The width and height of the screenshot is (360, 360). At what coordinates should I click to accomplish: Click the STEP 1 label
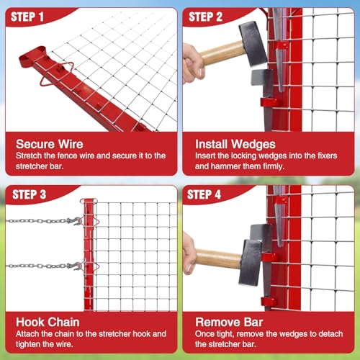coord(27,17)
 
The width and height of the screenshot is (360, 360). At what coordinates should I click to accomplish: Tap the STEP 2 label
coord(205,17)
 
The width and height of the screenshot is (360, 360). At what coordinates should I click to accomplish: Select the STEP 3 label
coord(29,194)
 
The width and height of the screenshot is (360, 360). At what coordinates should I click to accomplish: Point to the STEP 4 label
coord(204,194)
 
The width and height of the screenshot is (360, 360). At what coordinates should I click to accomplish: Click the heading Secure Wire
coord(50,144)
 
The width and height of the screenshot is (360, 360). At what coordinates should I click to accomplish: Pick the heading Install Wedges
coord(235,144)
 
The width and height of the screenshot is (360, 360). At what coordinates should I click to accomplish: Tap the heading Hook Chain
coord(48,322)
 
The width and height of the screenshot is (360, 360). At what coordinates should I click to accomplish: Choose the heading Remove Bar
coord(229,322)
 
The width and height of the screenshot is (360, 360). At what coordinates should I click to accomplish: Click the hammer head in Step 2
coord(253,43)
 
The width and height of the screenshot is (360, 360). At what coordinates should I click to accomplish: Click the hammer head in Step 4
coord(250,262)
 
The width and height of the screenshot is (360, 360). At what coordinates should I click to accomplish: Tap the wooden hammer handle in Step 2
coord(222,53)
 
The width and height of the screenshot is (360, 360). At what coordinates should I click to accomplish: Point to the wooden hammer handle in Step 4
coord(218,258)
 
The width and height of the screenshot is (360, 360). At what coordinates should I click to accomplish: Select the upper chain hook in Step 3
coord(76,220)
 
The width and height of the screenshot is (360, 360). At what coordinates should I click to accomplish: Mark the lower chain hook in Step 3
coord(77,266)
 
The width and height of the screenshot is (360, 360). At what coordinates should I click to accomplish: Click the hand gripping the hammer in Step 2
coord(193,64)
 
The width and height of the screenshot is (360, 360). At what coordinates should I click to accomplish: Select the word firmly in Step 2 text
coord(274,166)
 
